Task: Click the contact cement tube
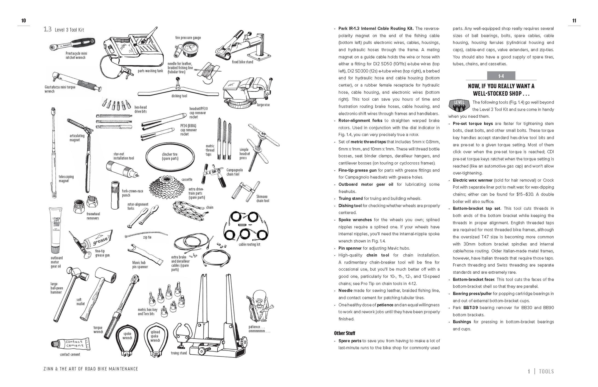(x=71, y=344)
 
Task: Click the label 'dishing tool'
(x=179, y=96)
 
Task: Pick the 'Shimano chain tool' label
(x=262, y=199)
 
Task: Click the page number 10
(x=24, y=21)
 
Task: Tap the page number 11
(x=574, y=21)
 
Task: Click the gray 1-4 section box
(x=501, y=76)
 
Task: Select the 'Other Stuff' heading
(x=344, y=333)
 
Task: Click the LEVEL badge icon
(x=459, y=105)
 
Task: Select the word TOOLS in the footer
(x=546, y=371)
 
